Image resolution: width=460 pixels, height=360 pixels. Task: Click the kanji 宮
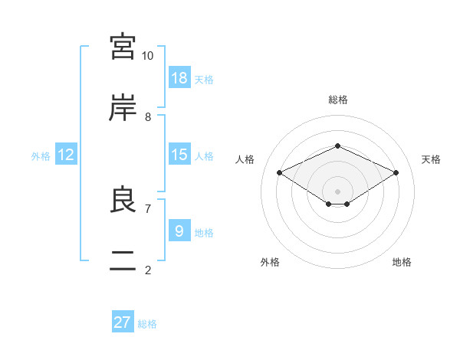click(123, 46)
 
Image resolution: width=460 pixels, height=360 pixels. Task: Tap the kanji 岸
click(123, 107)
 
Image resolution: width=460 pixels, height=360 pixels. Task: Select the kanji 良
click(123, 198)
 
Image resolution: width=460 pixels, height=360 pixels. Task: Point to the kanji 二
click(123, 260)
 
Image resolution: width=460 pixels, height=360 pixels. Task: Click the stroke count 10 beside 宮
click(147, 56)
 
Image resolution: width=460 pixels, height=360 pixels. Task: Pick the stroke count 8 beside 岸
click(148, 117)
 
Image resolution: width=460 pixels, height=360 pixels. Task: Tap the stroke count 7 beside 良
click(148, 209)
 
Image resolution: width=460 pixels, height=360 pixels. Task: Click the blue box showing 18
click(179, 77)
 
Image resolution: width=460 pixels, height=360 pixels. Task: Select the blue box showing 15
click(179, 154)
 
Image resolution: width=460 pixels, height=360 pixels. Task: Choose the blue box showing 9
click(179, 230)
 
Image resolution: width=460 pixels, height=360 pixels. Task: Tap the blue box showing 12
click(66, 154)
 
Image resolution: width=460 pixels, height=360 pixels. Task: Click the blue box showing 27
click(123, 321)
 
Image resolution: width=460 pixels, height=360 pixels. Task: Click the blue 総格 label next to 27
click(147, 324)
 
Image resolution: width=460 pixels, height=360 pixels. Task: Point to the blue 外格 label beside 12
click(41, 156)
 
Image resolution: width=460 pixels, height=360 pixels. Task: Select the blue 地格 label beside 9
click(204, 233)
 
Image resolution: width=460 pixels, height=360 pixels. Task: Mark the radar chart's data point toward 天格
click(396, 172)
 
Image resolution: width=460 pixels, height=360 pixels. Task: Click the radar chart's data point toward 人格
click(279, 172)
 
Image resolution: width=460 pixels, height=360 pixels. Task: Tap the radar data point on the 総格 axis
click(337, 146)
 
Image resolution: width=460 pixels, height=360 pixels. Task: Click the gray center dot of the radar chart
click(337, 191)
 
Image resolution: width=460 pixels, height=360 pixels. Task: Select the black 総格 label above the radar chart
click(338, 100)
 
